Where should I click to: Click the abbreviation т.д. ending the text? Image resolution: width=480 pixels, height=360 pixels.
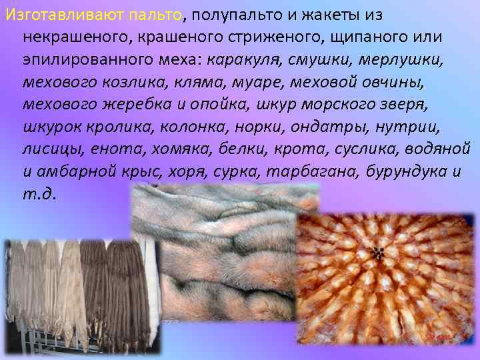click(x=39, y=195)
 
